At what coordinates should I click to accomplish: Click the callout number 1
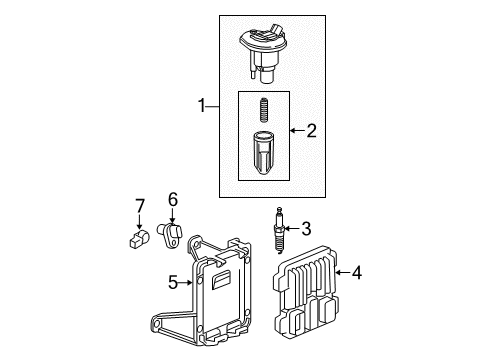[x=203, y=105]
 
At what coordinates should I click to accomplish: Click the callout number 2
[x=310, y=129]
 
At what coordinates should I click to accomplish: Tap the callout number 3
[x=306, y=227]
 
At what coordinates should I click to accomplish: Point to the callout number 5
[x=172, y=283]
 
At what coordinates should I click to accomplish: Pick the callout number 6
[x=172, y=199]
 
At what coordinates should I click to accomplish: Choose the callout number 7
[x=140, y=206]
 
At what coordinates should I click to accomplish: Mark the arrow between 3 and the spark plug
[x=293, y=227]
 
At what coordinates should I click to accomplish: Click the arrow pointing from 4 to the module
[x=342, y=269]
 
